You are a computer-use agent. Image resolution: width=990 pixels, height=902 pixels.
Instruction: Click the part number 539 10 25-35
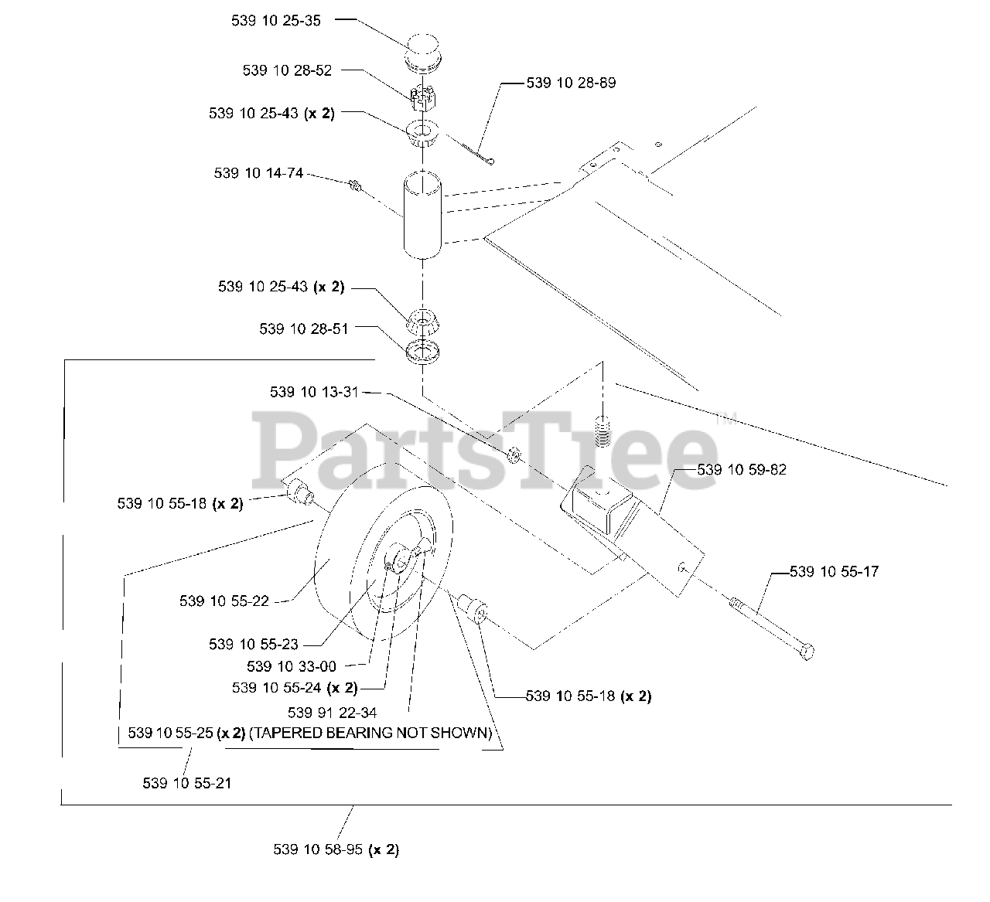pos(275,21)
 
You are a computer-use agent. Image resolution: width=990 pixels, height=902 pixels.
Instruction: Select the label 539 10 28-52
pos(287,70)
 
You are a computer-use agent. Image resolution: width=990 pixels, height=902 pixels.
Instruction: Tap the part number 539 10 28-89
pos(571,83)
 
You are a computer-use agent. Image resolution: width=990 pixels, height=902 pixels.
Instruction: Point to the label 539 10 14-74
pos(258,173)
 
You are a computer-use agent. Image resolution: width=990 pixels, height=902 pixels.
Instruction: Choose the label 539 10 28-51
pos(304,328)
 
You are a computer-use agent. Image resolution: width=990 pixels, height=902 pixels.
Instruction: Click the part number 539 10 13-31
pos(314,392)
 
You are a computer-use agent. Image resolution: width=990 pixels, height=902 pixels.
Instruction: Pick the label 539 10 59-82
pos(742,469)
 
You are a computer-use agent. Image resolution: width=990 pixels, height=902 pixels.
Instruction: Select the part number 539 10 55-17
pos(834,572)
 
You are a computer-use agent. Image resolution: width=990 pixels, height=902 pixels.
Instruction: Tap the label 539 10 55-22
pos(224,601)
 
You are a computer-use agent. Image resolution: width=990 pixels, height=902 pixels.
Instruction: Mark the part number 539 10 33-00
pos(292,666)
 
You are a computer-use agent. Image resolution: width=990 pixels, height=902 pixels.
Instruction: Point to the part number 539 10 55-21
pos(187,783)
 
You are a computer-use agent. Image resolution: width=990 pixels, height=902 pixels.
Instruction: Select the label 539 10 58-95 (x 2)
pos(336,849)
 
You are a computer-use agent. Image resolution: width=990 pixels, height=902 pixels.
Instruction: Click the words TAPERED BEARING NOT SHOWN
pos(370,733)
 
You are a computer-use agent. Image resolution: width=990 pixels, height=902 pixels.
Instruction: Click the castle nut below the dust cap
pos(422,98)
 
